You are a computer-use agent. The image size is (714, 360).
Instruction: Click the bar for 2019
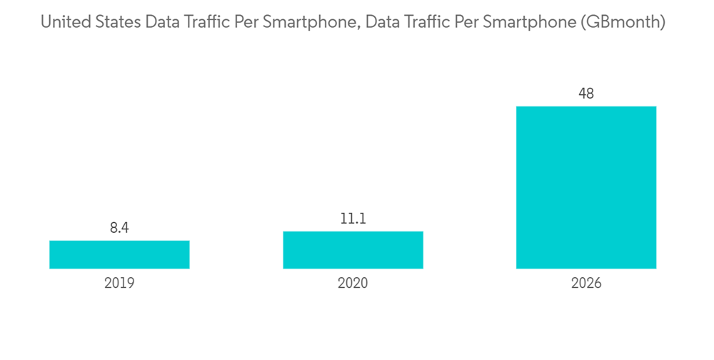click(x=119, y=254)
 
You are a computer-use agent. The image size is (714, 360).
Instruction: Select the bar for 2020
click(x=353, y=250)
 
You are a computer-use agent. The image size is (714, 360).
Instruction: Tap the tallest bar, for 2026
click(x=586, y=187)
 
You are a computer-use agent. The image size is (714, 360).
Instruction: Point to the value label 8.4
click(x=119, y=229)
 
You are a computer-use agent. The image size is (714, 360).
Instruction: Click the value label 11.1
click(x=353, y=219)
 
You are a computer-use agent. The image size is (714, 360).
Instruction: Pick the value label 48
click(x=586, y=94)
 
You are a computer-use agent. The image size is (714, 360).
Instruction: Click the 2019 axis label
click(x=119, y=284)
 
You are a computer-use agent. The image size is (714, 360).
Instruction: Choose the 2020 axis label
click(x=353, y=284)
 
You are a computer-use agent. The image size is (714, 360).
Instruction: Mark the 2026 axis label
click(x=586, y=284)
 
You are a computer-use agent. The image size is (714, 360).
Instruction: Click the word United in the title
click(x=63, y=23)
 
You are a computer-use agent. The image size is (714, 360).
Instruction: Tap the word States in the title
click(x=115, y=23)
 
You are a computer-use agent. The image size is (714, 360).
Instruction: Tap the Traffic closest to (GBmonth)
click(x=426, y=23)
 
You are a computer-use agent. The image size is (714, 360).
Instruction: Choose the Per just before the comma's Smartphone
click(x=247, y=23)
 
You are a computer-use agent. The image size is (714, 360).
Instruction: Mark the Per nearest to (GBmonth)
click(x=467, y=23)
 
